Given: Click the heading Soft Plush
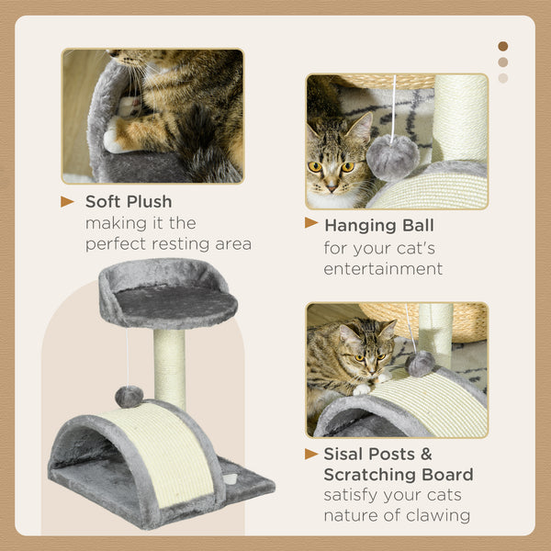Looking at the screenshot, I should click(129, 201).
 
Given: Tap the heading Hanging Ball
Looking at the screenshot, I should click(379, 225).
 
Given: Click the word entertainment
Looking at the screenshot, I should click(383, 269).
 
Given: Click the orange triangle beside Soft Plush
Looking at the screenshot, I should click(68, 201).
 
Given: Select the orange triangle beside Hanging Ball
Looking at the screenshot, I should click(311, 223).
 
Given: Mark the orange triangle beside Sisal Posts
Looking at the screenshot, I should click(311, 454).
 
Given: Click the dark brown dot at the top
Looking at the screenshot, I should click(502, 46).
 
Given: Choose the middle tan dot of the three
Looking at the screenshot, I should click(502, 62).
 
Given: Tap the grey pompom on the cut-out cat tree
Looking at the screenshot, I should click(128, 397).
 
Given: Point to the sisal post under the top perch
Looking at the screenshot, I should click(169, 367).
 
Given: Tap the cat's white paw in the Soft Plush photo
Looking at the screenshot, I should click(115, 141).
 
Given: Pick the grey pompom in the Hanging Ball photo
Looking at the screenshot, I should click(393, 158).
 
